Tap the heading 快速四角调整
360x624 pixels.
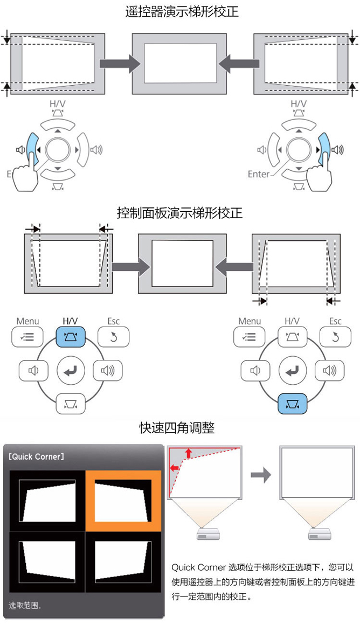(177, 428)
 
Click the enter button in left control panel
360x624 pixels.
(70, 371)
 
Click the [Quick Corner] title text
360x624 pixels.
(37, 457)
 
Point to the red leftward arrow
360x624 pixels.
(175, 469)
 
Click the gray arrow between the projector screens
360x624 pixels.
(261, 475)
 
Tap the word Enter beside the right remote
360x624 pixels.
(258, 174)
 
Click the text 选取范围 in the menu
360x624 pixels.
(25, 606)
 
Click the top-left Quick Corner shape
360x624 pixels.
(47, 500)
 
